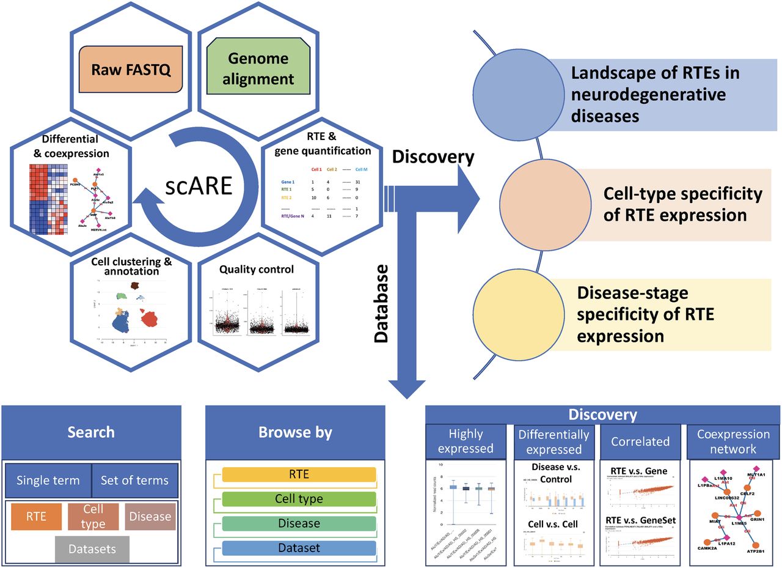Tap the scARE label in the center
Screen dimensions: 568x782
[199, 185]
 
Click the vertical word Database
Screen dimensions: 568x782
[381, 303]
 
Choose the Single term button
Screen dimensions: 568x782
[48, 480]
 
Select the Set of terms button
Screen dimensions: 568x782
[134, 480]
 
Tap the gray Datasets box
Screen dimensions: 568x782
[92, 548]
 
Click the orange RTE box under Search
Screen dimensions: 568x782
[36, 516]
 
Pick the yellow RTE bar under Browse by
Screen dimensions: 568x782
[299, 474]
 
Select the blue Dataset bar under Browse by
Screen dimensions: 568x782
[299, 548]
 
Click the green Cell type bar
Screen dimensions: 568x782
[299, 499]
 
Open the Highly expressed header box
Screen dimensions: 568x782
[466, 441]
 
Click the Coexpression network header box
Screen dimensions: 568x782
[733, 441]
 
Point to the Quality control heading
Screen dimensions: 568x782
[256, 269]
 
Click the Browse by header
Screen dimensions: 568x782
[295, 432]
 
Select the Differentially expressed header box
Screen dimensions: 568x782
[554, 441]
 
